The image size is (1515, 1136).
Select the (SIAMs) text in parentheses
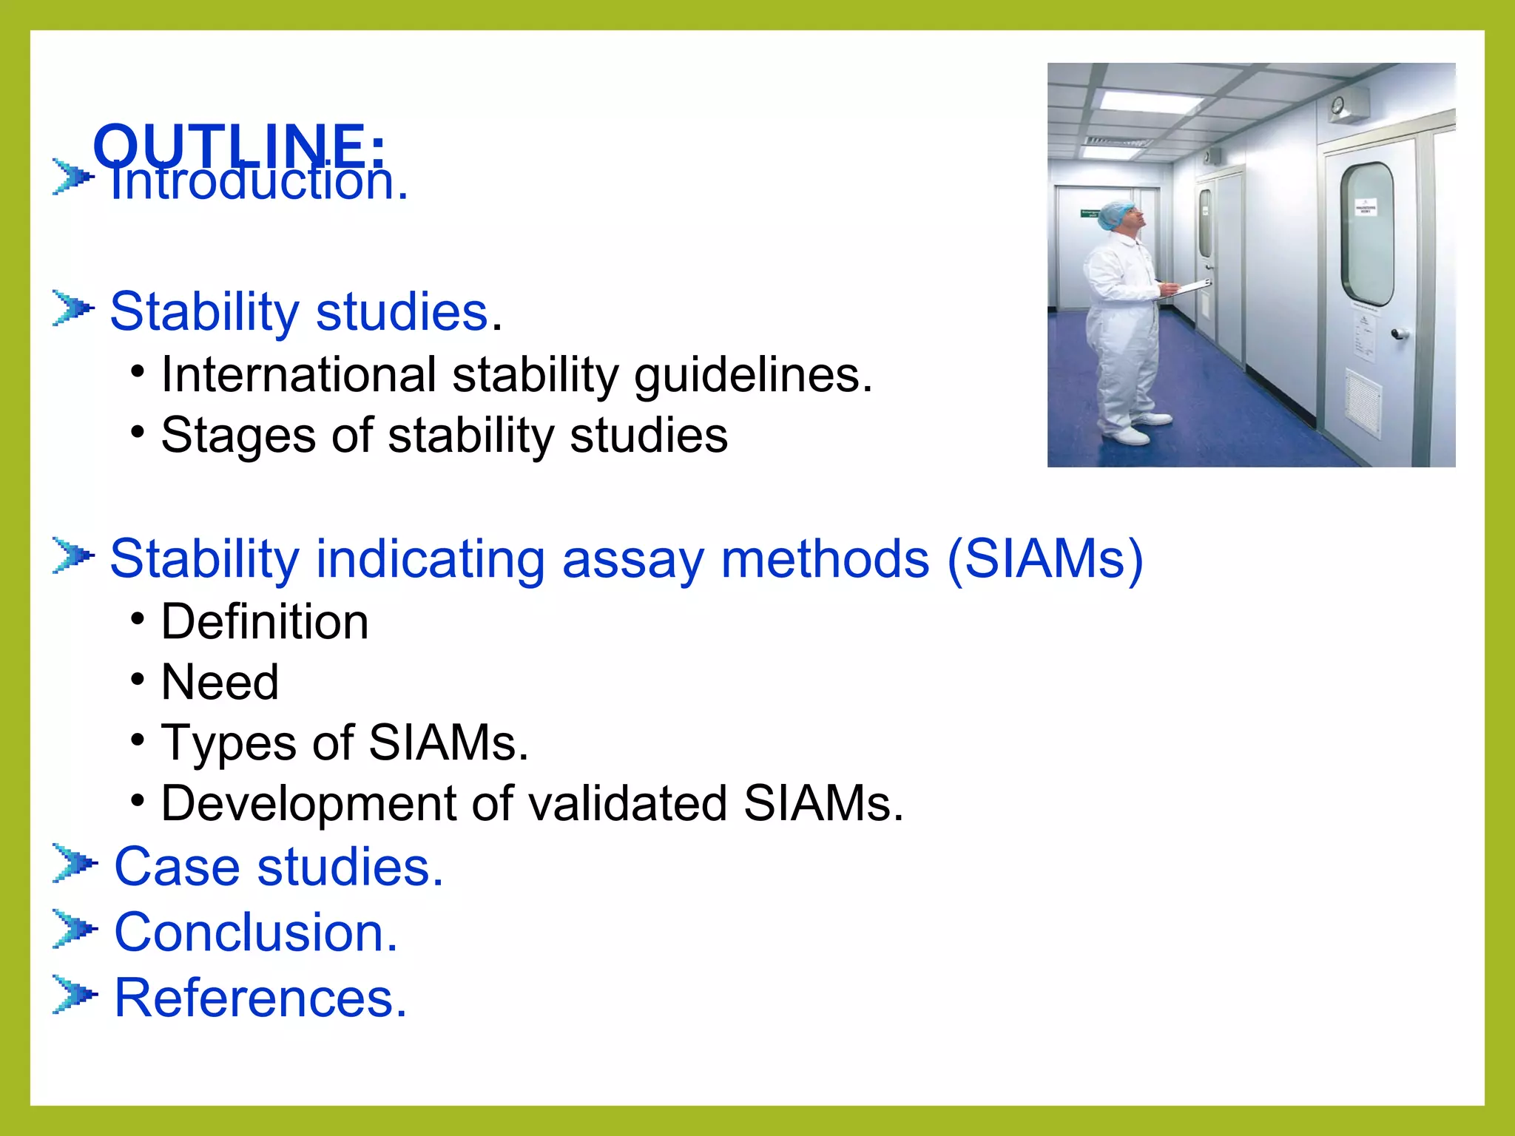click(1045, 558)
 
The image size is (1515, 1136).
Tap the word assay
click(632, 560)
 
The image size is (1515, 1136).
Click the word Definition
click(265, 621)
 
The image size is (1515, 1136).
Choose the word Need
click(220, 682)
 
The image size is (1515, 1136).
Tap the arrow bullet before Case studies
click(74, 863)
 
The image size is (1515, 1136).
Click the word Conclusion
click(255, 932)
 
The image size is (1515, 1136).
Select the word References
click(260, 998)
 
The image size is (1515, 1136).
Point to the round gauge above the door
click(1337, 106)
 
